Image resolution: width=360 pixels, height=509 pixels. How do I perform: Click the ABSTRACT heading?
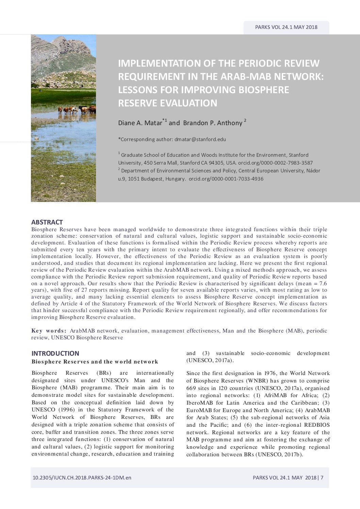coord(47,222)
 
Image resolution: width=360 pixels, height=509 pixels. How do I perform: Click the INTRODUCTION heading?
coord(55,354)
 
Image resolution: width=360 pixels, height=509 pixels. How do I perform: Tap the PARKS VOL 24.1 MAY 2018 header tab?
coord(286,27)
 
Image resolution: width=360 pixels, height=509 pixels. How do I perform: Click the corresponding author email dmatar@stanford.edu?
coord(198,139)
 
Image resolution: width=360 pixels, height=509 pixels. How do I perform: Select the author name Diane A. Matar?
coord(140,123)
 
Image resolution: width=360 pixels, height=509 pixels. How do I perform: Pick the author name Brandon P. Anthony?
coord(213,123)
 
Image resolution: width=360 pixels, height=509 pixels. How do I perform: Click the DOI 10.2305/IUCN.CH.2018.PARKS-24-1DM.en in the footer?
coord(82,478)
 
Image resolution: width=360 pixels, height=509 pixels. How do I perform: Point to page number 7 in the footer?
coord(322,478)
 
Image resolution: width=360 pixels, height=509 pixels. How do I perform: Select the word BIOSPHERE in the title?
coord(264,90)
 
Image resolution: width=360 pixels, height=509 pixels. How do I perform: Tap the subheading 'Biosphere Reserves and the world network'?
coord(95,362)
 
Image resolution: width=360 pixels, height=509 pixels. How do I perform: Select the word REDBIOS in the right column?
coord(317,425)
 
